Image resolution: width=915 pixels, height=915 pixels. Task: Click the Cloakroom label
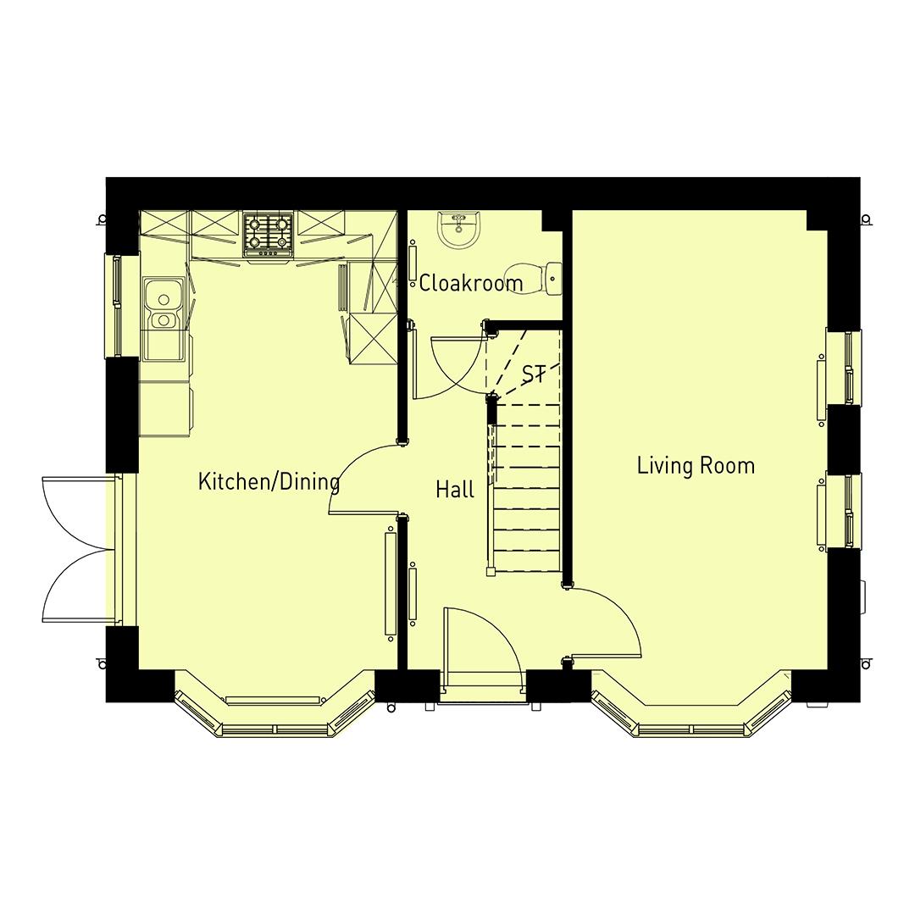coord(471,283)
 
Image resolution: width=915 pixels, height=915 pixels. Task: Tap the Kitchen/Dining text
coord(269,482)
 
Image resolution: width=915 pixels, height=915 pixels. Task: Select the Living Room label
coord(696,465)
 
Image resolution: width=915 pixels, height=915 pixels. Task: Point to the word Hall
coord(455,489)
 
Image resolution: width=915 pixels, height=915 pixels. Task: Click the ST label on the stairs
coord(534,374)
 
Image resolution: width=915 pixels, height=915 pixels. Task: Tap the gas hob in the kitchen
coord(269,234)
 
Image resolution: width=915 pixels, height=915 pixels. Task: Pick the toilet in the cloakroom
coord(552,278)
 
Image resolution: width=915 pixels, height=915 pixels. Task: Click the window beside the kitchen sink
coord(112,305)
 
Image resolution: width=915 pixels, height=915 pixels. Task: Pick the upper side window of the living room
coord(843,367)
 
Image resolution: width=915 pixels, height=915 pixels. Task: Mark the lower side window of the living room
coord(843,511)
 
